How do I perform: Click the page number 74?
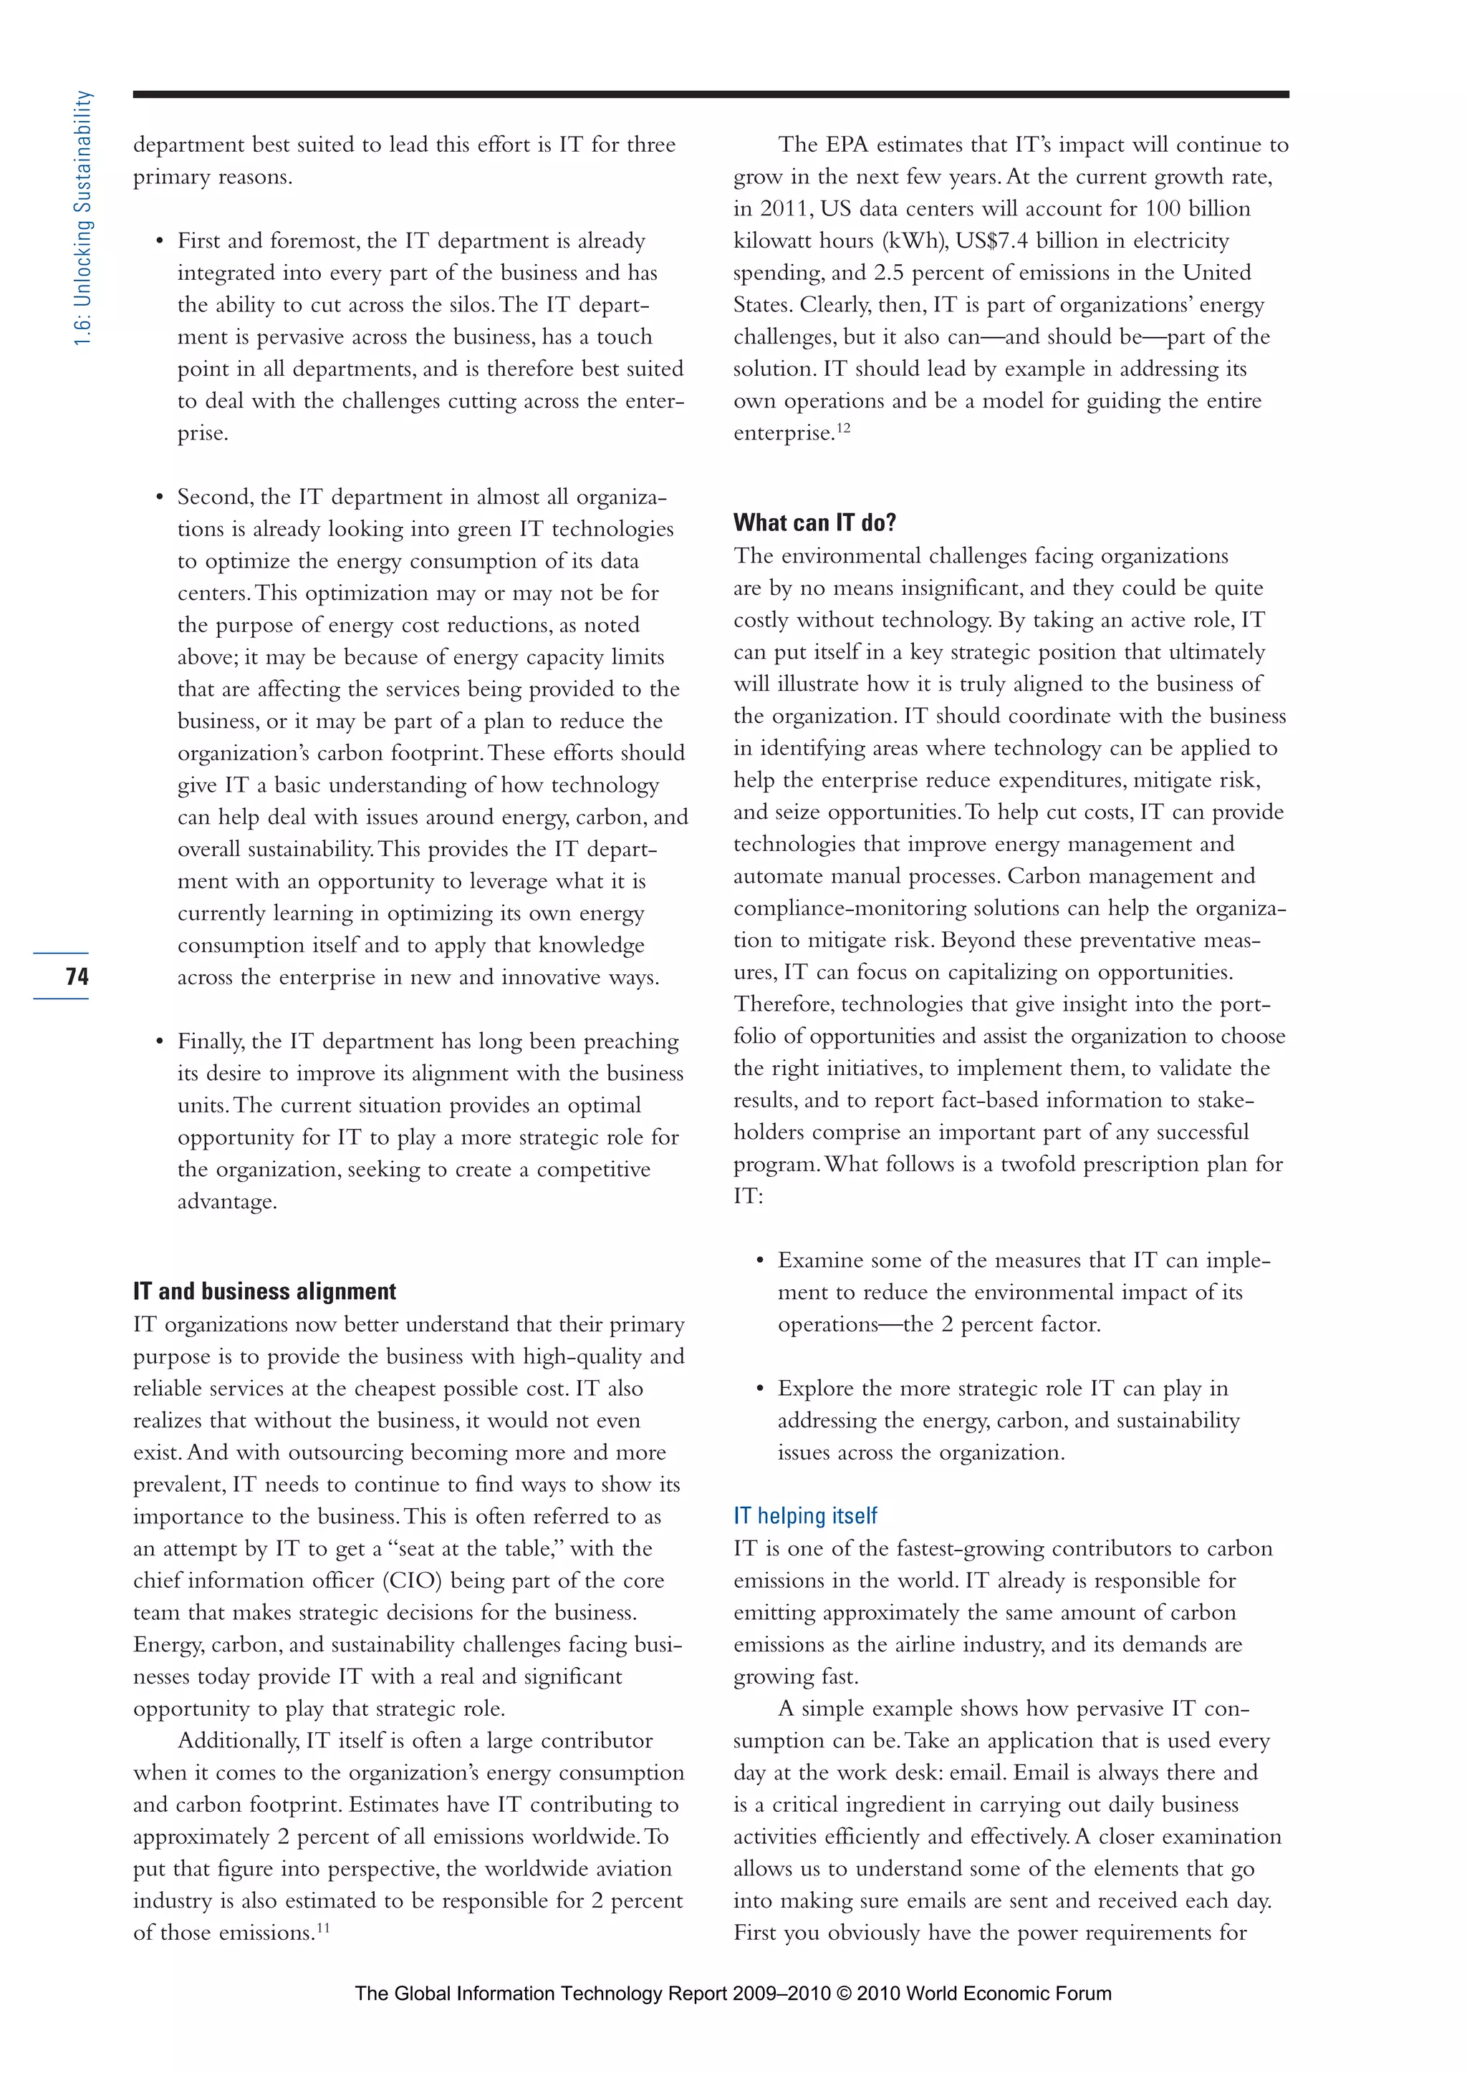(77, 976)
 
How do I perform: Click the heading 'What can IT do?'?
(814, 523)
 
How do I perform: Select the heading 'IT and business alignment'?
(264, 1291)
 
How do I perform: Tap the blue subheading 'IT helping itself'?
(805, 1516)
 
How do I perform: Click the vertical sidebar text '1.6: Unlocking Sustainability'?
(83, 218)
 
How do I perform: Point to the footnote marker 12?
(843, 428)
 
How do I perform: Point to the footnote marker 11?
(322, 1928)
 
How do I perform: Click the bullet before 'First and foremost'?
(159, 241)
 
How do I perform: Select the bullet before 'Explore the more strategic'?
(760, 1389)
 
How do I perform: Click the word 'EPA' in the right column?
(848, 145)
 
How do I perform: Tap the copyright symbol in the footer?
(844, 1994)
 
